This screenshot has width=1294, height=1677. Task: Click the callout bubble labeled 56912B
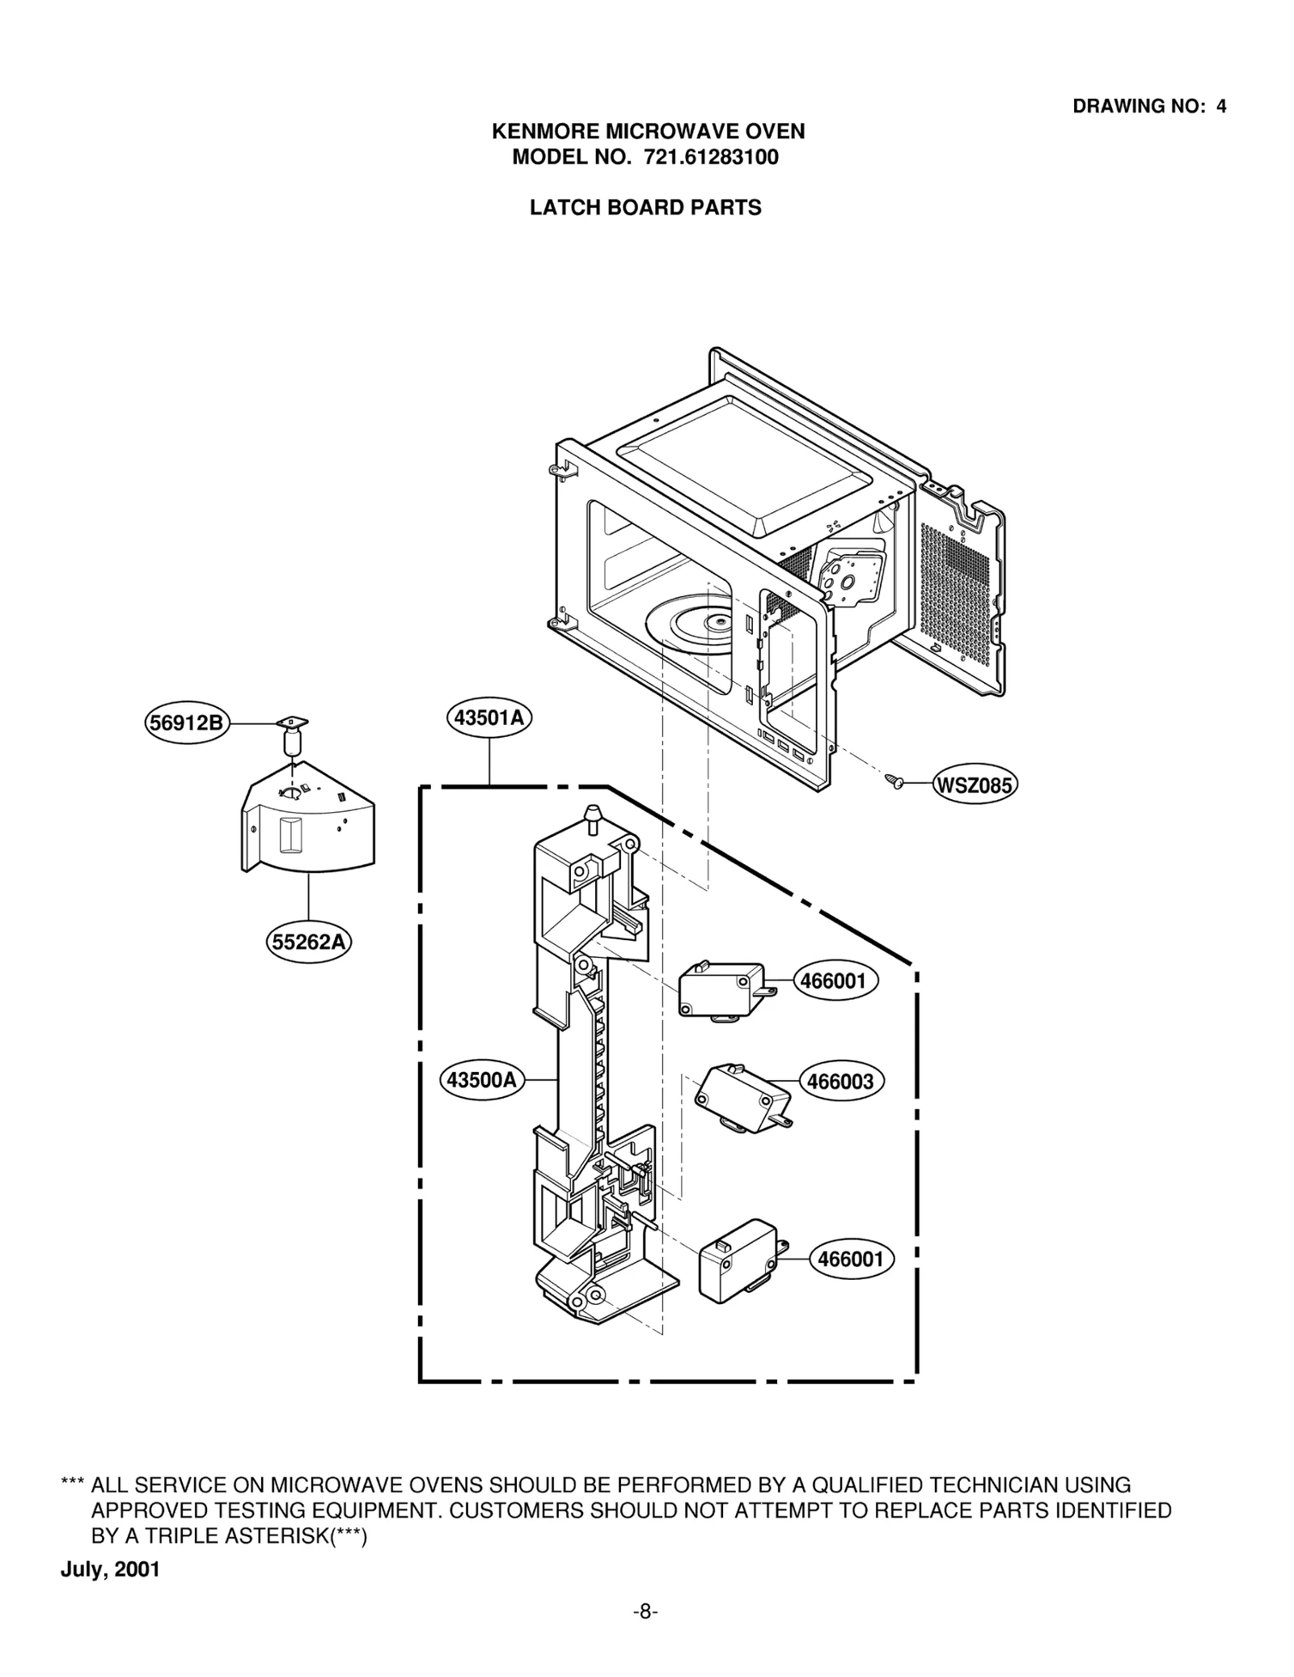click(187, 722)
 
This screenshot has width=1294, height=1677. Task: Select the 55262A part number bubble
click(308, 942)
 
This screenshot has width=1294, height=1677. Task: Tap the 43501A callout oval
click(488, 718)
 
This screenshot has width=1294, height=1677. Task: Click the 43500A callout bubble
click(482, 1080)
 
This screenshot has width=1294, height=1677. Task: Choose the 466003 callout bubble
click(841, 1081)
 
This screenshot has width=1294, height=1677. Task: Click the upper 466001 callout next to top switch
click(833, 981)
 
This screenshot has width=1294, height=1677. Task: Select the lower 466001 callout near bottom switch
click(851, 1259)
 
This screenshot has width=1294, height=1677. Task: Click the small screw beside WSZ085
click(894, 781)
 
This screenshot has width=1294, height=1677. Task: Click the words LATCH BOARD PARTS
click(645, 208)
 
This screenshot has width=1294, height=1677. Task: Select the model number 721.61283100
click(711, 157)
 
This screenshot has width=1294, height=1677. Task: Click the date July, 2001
click(110, 1569)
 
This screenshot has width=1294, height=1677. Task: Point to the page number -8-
click(645, 1611)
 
